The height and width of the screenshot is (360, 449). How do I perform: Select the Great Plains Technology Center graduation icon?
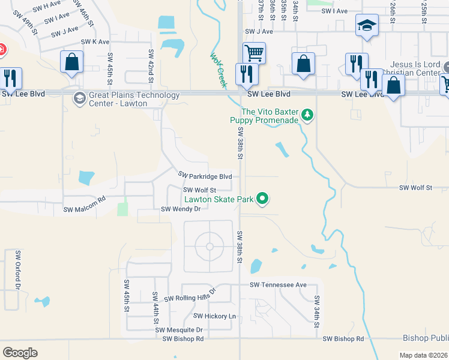coord(79,98)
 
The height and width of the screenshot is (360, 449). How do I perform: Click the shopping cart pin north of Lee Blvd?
coord(254,53)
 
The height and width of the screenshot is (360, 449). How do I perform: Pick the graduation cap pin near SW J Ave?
coord(367,26)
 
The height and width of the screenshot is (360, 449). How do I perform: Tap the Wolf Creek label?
coord(217,70)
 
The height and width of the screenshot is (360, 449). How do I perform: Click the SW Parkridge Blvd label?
coord(205,176)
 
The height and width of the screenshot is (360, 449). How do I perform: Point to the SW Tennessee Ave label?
coord(278,284)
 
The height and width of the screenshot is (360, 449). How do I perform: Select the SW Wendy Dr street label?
coord(180,209)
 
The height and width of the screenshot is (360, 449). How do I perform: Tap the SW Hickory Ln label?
coord(214,316)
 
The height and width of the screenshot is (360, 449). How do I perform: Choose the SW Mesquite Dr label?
coord(179,330)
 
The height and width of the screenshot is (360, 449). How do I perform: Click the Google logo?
coord(20,353)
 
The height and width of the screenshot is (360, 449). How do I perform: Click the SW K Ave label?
coord(95,42)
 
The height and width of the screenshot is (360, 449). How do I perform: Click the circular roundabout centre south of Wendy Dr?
coord(209,246)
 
